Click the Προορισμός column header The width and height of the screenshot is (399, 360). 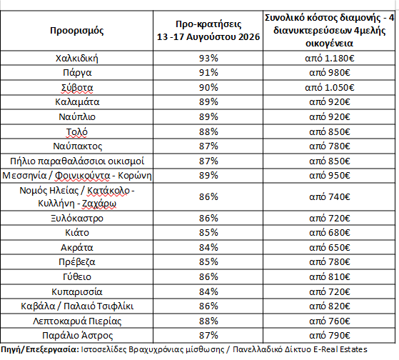[x=77, y=31]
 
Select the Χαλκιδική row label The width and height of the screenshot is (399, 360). [x=77, y=59]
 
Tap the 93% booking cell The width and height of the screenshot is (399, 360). [x=208, y=58]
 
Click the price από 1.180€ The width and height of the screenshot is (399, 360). [x=330, y=59]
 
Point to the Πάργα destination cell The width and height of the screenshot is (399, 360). [x=77, y=73]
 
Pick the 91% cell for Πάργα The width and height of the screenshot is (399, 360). [x=208, y=73]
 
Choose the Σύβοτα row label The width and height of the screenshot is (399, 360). [x=77, y=88]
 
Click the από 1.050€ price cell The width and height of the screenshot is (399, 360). [x=330, y=88]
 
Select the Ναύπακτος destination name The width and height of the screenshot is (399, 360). [x=77, y=146]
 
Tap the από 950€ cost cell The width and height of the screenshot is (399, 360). [x=330, y=176]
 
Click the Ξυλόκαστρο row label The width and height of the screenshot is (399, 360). [x=77, y=219]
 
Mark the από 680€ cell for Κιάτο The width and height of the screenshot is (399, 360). [x=330, y=232]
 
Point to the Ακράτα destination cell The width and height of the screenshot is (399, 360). [x=77, y=247]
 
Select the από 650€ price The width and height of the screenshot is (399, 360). [x=330, y=247]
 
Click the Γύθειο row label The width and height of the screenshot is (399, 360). [x=77, y=276]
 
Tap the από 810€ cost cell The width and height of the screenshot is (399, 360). [x=330, y=276]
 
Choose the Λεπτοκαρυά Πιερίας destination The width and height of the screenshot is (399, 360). [x=77, y=321]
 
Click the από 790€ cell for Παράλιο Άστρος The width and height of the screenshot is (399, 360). [x=330, y=335]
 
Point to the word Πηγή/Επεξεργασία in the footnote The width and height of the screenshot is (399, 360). [x=40, y=349]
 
